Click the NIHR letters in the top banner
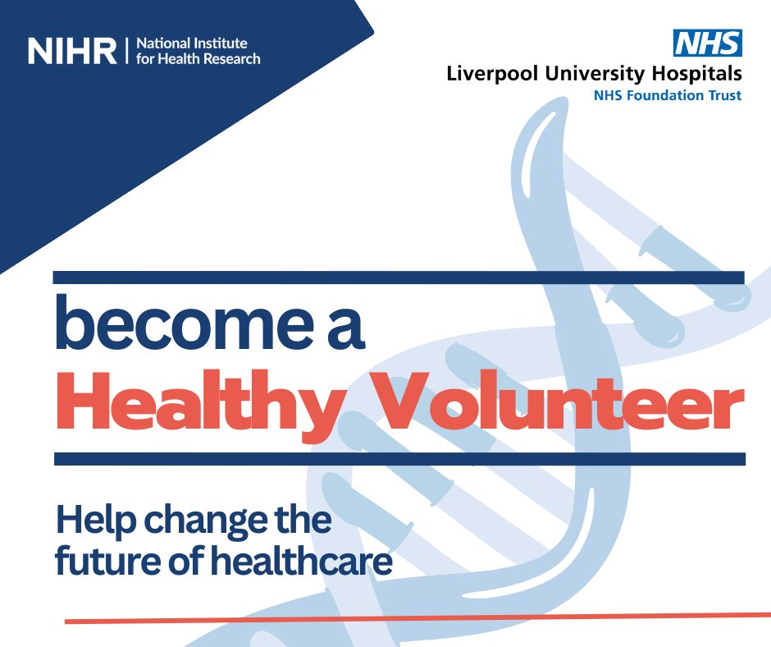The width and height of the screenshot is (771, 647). coord(72,51)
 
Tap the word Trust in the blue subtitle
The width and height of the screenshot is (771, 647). coord(724,95)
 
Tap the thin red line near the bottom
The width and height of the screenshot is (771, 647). coord(410,618)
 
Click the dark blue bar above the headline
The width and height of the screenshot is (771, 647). coord(399,278)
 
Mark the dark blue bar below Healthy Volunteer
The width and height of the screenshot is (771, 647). coord(399,459)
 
